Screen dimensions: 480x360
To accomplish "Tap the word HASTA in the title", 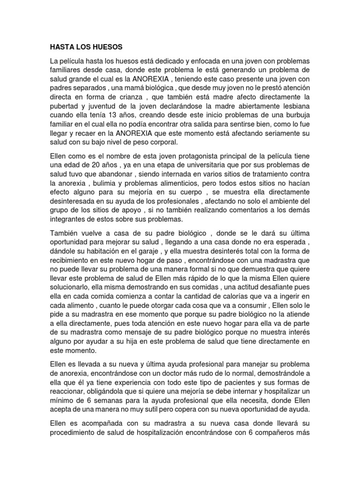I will (x=62, y=47).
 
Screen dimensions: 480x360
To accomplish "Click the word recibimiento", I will (x=72, y=261).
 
